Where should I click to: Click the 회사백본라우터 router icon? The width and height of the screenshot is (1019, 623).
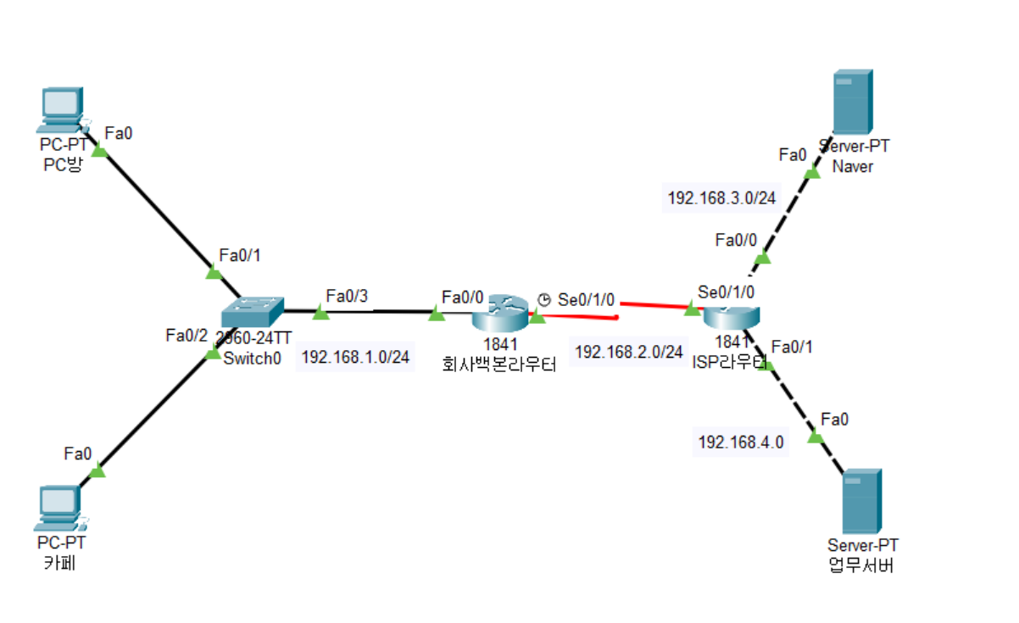pyautogui.click(x=498, y=314)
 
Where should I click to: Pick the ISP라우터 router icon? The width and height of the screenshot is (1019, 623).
pyautogui.click(x=730, y=314)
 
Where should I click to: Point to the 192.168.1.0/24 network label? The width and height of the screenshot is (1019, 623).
pyautogui.click(x=355, y=358)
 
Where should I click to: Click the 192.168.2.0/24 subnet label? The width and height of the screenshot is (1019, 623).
pyautogui.click(x=629, y=352)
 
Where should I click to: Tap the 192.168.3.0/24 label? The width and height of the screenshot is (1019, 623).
pyautogui.click(x=721, y=197)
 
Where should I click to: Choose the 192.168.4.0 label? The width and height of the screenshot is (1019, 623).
pyautogui.click(x=740, y=442)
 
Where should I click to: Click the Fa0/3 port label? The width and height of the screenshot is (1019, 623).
pyautogui.click(x=346, y=295)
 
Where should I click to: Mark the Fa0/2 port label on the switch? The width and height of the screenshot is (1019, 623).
pyautogui.click(x=187, y=335)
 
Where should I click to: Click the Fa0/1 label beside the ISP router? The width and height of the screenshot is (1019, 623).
pyautogui.click(x=793, y=346)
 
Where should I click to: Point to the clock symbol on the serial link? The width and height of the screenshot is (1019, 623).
pyautogui.click(x=544, y=299)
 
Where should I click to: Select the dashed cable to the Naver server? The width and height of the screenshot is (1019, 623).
pyautogui.click(x=787, y=214)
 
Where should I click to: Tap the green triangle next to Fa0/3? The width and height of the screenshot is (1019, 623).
pyautogui.click(x=320, y=313)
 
